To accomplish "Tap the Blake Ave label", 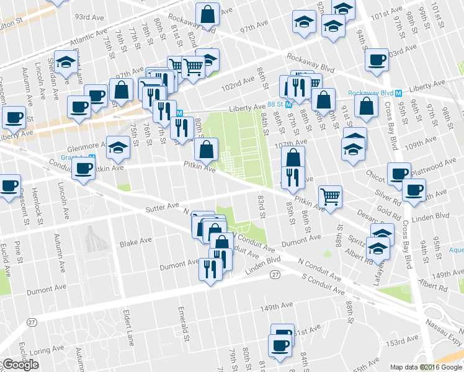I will tap(136, 242).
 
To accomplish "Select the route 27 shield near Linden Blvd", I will tap(275, 273).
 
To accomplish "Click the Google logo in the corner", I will tap(20, 365).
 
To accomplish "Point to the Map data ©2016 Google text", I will tap(426, 367).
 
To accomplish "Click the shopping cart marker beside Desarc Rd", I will tap(331, 195).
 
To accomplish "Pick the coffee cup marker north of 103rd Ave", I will tap(377, 60).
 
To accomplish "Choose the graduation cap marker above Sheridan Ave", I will tap(65, 61).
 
